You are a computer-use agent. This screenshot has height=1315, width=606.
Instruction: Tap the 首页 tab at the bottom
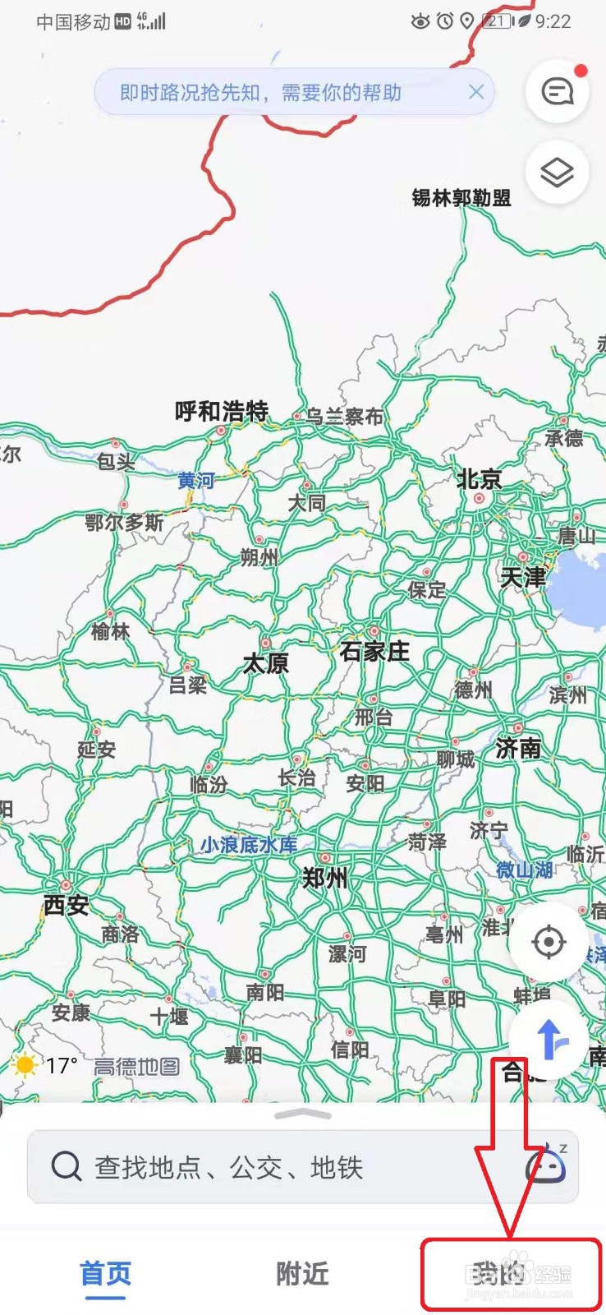(x=105, y=1274)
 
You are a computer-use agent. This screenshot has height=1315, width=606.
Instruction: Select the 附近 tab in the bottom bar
(x=302, y=1274)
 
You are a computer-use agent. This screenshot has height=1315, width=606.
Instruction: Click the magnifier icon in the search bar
(x=67, y=1166)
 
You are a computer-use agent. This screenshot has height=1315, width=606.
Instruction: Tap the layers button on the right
(x=557, y=173)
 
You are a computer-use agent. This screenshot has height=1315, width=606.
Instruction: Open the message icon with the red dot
(x=558, y=91)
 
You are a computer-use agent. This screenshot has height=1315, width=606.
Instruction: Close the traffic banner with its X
(x=476, y=92)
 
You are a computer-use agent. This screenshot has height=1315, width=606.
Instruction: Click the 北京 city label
(x=479, y=479)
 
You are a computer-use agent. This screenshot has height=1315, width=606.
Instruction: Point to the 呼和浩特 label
(x=221, y=411)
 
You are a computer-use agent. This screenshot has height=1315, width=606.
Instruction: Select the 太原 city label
(x=265, y=663)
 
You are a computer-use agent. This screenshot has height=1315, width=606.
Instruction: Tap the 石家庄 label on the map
(x=374, y=652)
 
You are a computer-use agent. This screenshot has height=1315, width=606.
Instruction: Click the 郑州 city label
(x=325, y=879)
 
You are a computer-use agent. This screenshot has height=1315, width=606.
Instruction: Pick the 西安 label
(x=66, y=905)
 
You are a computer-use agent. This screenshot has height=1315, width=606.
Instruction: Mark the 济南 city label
(x=518, y=748)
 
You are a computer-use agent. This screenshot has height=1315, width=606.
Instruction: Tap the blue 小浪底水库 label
(x=249, y=845)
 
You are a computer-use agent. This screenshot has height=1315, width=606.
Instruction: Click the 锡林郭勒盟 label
(x=461, y=198)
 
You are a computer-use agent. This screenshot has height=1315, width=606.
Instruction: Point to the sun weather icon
(x=25, y=1066)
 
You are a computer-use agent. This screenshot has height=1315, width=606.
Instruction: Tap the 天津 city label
(x=523, y=577)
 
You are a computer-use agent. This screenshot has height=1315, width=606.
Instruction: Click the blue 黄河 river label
(x=196, y=480)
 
